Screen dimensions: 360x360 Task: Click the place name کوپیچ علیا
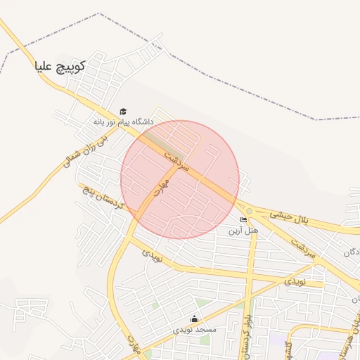(x=60, y=67)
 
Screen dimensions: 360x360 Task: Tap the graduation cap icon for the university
(x=123, y=111)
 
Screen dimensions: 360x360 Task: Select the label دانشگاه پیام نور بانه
(x=123, y=122)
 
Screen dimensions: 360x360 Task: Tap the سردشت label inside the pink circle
(x=177, y=160)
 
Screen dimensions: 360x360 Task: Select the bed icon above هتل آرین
(x=243, y=220)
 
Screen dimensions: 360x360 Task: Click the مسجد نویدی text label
(x=195, y=329)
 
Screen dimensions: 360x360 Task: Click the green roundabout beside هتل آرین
(x=249, y=211)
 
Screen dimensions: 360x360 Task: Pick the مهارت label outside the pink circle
(x=134, y=343)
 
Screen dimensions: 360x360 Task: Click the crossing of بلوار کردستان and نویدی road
(x=250, y=275)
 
